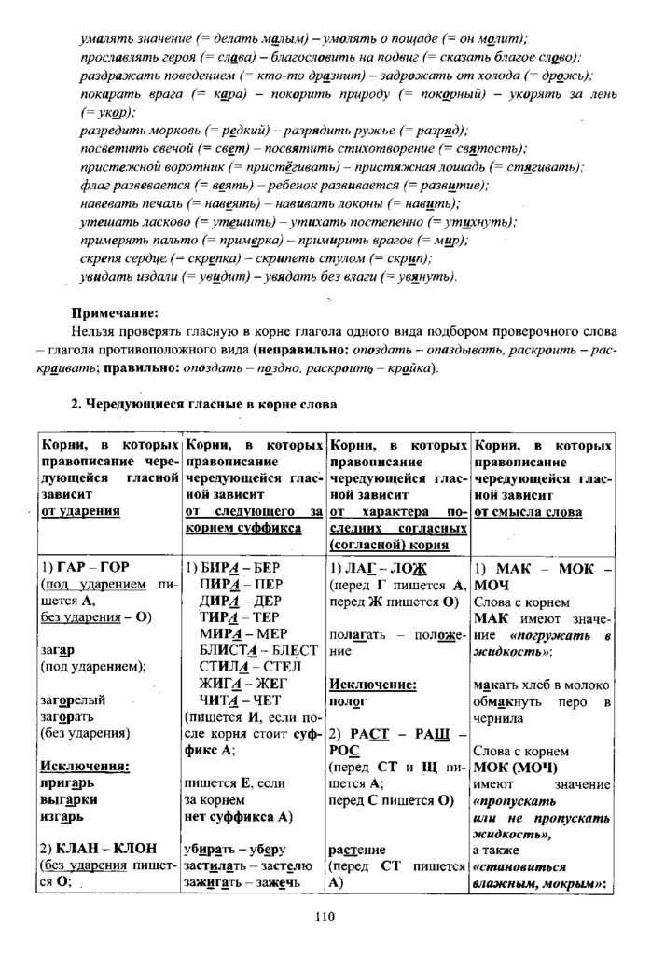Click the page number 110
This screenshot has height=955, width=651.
[324, 917]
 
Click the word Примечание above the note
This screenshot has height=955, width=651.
[114, 312]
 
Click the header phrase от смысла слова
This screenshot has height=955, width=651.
[528, 512]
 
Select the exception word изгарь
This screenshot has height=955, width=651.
[62, 817]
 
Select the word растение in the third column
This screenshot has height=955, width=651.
[358, 851]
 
